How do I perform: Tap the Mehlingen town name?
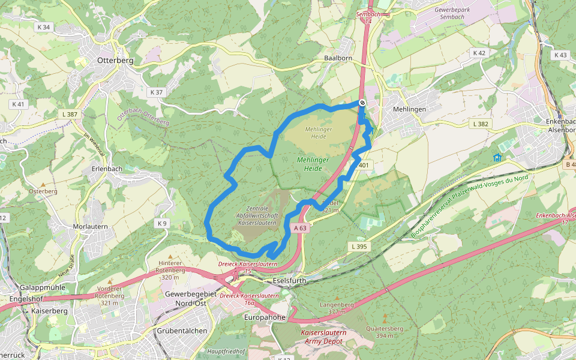409,110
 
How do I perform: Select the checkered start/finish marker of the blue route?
362,103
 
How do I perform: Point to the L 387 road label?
70,114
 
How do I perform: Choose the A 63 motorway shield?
301,228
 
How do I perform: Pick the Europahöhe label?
265,317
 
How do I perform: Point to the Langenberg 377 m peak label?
337,308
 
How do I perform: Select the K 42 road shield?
478,53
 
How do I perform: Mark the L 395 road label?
358,247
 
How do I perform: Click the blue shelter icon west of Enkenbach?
497,158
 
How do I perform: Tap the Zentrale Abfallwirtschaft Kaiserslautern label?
257,215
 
